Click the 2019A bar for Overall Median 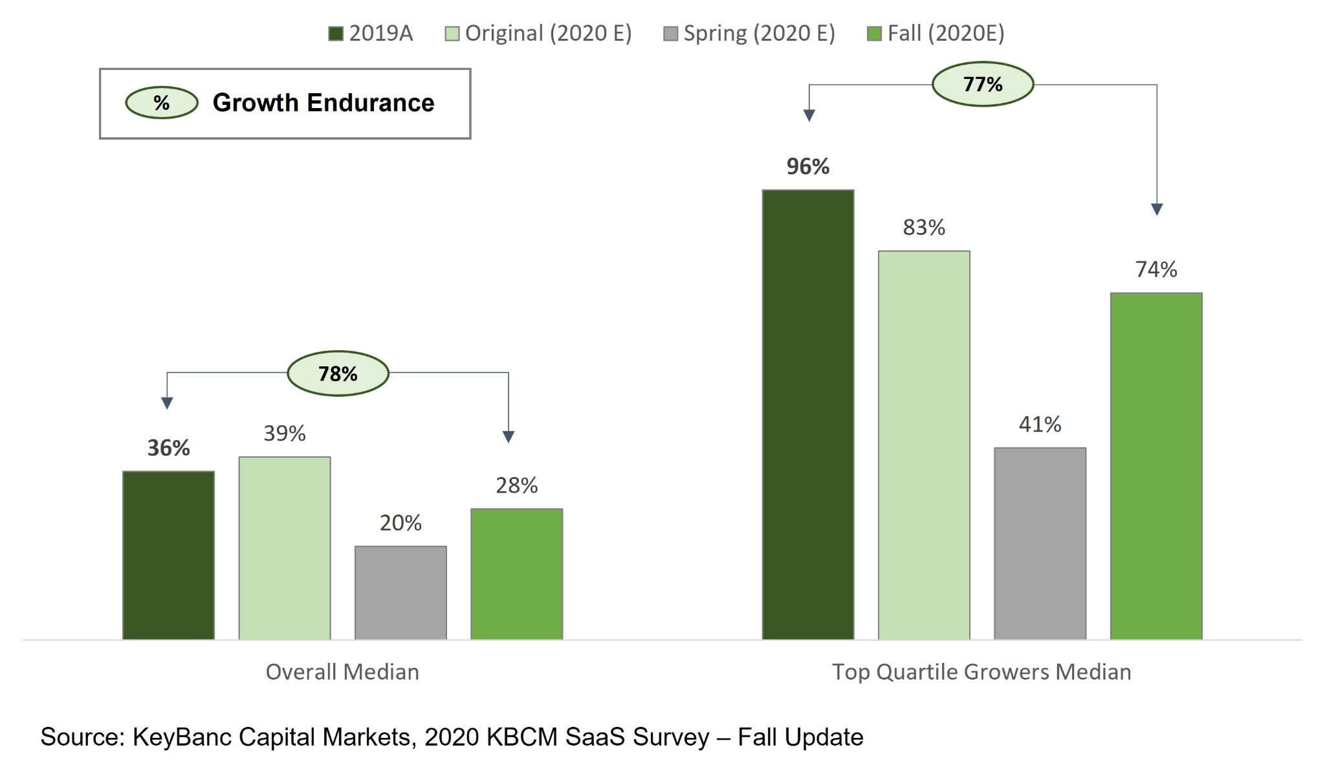168,555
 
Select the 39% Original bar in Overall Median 285,548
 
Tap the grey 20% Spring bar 400,593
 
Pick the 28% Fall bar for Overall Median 516,574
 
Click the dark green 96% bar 807,414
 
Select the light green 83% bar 924,445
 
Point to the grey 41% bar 1040,544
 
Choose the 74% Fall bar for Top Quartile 1156,466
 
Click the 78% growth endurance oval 338,373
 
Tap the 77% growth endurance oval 983,84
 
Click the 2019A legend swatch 335,34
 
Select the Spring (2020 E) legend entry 749,34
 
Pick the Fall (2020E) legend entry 936,34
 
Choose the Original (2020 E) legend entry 538,34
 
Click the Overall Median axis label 342,672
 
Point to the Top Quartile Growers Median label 981,672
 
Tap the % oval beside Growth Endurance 162,103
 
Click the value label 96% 807,167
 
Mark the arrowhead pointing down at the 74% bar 1157,209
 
